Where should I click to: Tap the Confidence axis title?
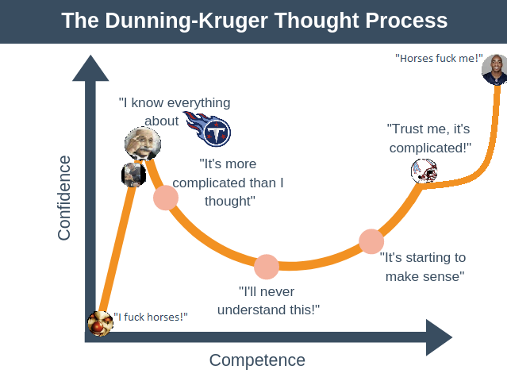pos(64,198)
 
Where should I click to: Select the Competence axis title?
pos(257,360)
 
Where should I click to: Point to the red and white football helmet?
pos(424,171)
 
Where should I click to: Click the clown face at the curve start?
pos(100,323)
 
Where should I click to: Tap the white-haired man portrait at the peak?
pos(143,144)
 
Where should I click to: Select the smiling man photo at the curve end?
pos(495,70)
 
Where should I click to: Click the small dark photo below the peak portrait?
pos(133,175)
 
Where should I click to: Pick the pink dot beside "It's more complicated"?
pos(166,198)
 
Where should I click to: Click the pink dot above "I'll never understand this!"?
pos(267,267)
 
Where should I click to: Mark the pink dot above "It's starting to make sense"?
pos(371,241)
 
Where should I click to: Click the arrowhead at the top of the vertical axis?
pos(90,68)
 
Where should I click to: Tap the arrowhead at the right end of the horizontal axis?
pos(439,337)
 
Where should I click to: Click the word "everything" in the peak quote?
pos(199,103)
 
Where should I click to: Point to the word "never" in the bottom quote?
pos(278,292)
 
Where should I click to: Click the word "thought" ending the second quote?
pos(229,201)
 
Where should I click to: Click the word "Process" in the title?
pos(406,21)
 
